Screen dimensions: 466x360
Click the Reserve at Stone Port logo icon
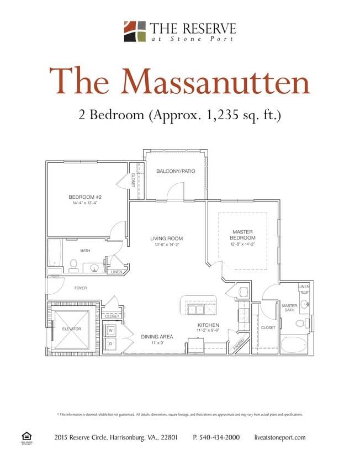point(134,31)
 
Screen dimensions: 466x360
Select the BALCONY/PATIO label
point(176,171)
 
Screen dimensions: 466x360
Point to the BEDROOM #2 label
point(85,197)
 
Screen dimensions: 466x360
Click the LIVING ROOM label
point(166,239)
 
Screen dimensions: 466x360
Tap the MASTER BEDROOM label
point(242,235)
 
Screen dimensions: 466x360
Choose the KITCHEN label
point(208,325)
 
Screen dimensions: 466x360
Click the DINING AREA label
point(157,336)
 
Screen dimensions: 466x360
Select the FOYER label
point(81,288)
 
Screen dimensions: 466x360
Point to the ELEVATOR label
point(71,329)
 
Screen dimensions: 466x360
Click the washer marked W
point(110,331)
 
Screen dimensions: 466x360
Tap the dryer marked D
point(110,343)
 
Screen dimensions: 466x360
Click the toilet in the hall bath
point(73,264)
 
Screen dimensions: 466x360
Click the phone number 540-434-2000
point(216,437)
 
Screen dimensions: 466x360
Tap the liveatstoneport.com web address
point(280,437)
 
